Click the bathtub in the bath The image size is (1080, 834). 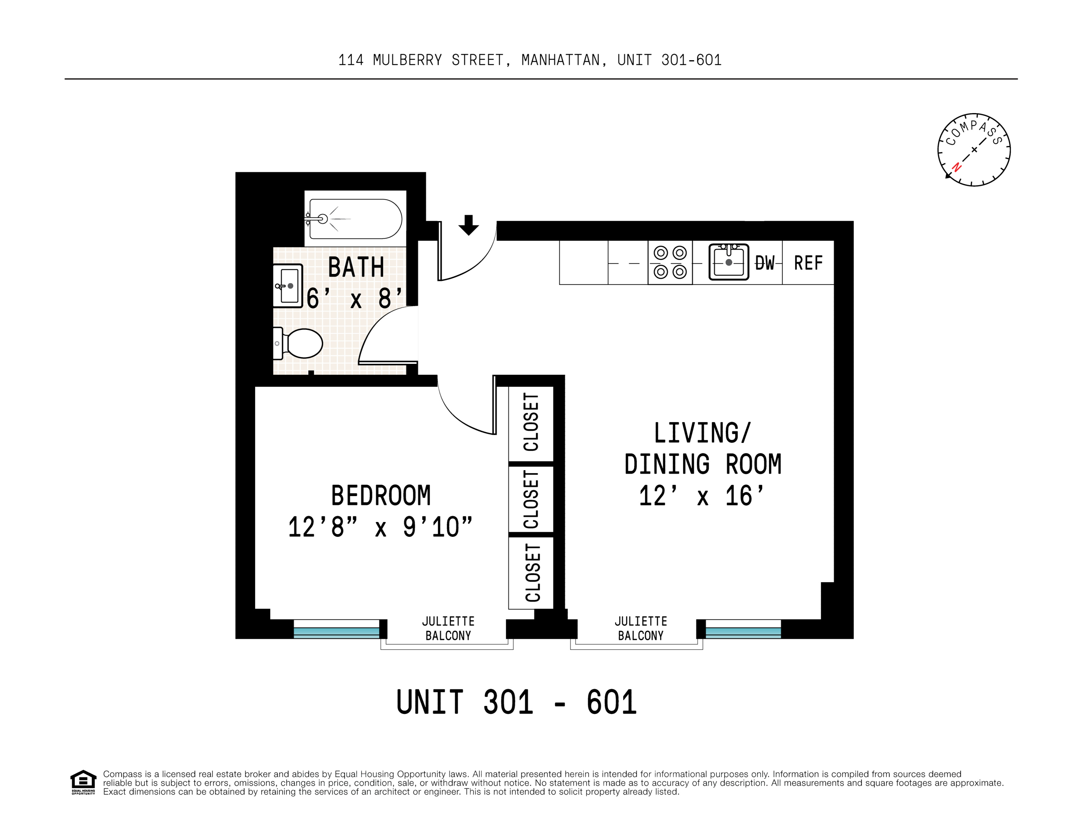(355, 219)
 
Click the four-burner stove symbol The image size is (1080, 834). (670, 262)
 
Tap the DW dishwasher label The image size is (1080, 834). (765, 263)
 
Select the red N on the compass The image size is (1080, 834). (957, 167)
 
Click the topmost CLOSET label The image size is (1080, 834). (531, 422)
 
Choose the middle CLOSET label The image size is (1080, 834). (531, 499)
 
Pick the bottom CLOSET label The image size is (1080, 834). (532, 573)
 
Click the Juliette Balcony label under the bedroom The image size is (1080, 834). (448, 628)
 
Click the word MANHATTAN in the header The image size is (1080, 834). (560, 60)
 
